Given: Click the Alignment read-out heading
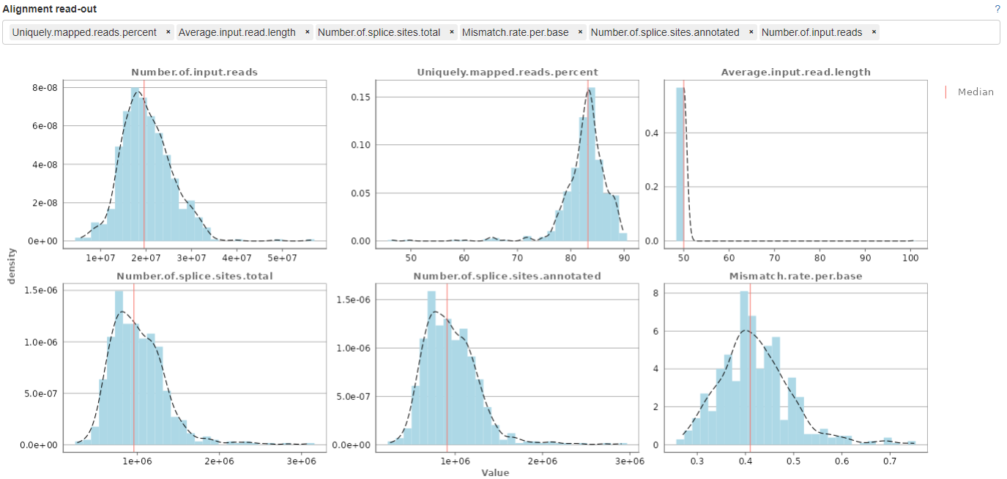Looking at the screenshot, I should pyautogui.click(x=50, y=10).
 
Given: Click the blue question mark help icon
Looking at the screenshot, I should pyautogui.click(x=997, y=10).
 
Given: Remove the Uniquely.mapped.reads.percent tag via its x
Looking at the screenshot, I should pyautogui.click(x=168, y=32).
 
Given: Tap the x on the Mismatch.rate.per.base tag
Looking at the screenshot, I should pyautogui.click(x=580, y=32).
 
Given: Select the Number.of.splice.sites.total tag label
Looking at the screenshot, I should pyautogui.click(x=379, y=32).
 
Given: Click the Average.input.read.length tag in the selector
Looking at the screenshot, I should pyautogui.click(x=237, y=32).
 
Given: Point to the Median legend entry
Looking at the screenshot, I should pyautogui.click(x=976, y=92).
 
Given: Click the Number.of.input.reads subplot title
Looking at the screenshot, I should pyautogui.click(x=194, y=73).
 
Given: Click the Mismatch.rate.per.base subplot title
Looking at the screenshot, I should pyautogui.click(x=796, y=276).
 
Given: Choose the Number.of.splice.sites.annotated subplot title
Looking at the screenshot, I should pyautogui.click(x=507, y=276).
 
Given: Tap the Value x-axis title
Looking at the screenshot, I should pyautogui.click(x=494, y=472).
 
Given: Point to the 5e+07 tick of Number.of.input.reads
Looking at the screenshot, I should pyautogui.click(x=282, y=258).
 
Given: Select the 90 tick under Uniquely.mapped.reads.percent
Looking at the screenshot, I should pyautogui.click(x=623, y=258).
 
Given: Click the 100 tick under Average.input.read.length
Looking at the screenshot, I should pyautogui.click(x=910, y=258).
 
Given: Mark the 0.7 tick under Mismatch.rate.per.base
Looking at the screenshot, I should pyautogui.click(x=890, y=462).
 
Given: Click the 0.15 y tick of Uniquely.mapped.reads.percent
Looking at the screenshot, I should pyautogui.click(x=354, y=97).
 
